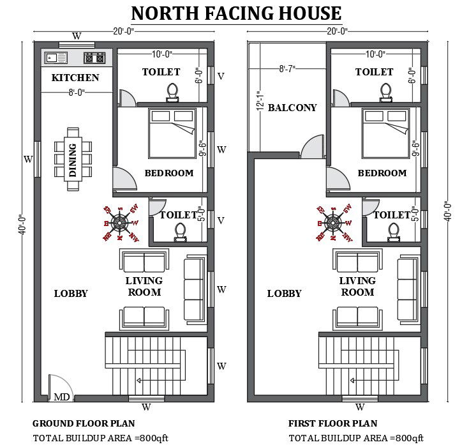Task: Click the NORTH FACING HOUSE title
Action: (236, 13)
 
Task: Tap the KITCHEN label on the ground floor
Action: (75, 78)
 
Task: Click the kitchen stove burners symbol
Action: (96, 58)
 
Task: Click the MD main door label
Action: (62, 397)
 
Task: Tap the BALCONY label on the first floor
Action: (292, 107)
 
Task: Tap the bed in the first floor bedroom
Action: (385, 133)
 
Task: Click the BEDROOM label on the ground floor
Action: (168, 173)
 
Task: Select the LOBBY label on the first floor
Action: (284, 294)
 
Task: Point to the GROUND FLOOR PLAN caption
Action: (84, 423)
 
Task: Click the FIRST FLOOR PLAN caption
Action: (332, 423)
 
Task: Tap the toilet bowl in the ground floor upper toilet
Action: (171, 92)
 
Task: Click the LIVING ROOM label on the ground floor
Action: (144, 287)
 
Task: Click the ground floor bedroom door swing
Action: (125, 178)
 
